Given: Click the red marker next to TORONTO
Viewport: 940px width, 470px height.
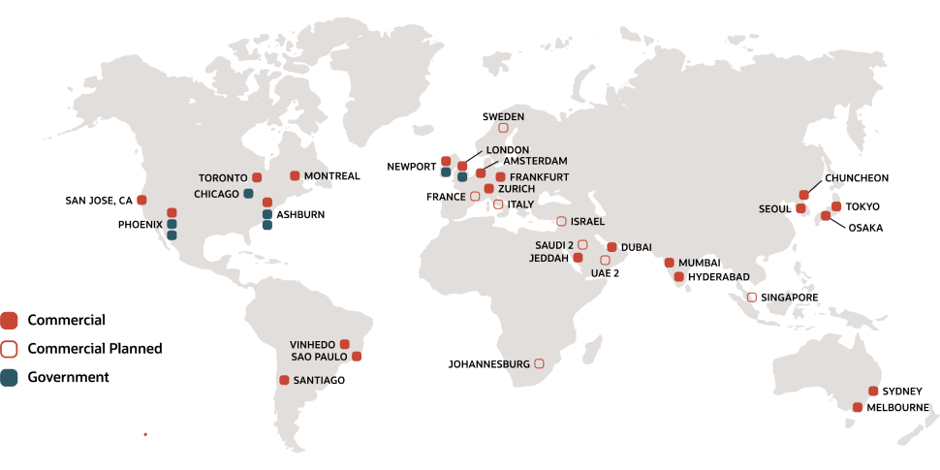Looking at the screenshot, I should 257,177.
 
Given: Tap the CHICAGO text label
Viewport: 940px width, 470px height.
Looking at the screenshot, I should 216,194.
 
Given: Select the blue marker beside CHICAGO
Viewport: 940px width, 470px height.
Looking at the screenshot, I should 249,194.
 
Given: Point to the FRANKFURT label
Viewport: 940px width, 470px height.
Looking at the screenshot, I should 539,177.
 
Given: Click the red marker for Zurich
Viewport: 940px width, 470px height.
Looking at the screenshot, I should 488,189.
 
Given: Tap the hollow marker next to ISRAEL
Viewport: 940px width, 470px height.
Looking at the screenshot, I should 561,221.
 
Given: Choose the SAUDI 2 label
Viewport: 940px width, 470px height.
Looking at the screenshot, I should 554,245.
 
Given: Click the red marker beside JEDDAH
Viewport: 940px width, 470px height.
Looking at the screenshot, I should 578,258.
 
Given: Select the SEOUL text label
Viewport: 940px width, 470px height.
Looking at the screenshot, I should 776,209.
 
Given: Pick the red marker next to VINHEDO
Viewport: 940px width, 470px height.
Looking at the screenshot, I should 344,344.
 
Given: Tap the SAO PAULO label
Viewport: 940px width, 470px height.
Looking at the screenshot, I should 319,357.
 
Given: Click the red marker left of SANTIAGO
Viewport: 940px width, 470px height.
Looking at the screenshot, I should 284,380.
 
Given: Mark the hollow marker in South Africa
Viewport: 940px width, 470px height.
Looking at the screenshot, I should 539,363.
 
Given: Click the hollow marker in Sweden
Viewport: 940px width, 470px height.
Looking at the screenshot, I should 503,128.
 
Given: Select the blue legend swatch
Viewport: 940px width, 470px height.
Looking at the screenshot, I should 9,378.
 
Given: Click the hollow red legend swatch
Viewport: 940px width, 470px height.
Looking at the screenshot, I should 9,349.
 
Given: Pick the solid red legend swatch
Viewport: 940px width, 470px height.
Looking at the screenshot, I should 9,320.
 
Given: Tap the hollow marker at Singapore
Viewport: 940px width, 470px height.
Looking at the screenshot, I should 752,297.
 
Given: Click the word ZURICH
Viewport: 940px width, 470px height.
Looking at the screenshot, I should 516,189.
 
